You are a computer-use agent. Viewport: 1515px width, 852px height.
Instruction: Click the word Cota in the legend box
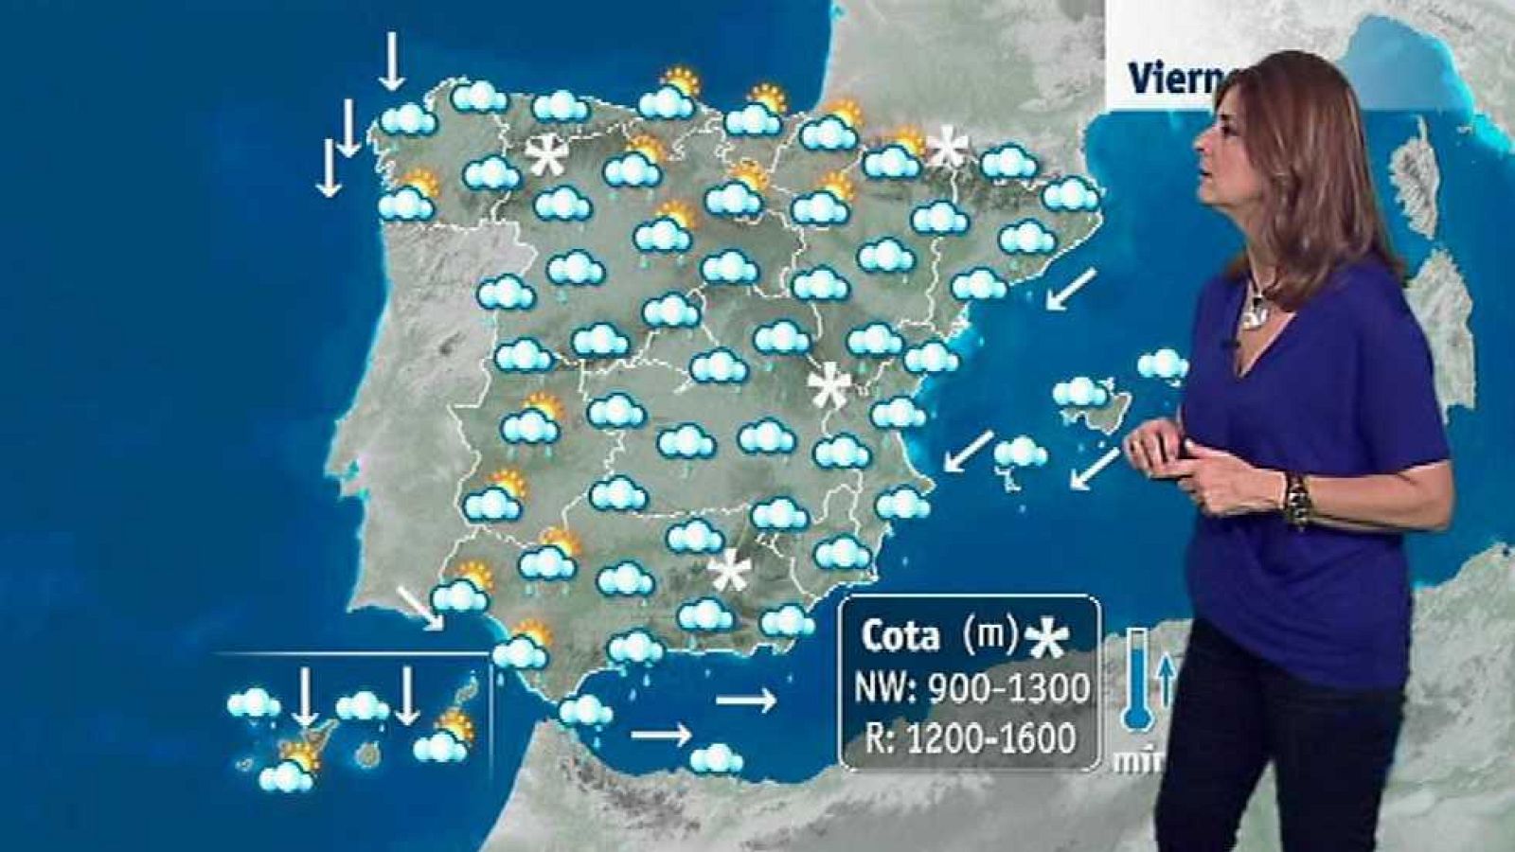coord(900,636)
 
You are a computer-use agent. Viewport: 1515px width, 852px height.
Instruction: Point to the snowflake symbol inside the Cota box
coord(1046,641)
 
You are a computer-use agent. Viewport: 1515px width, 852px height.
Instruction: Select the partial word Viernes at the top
coord(1174,80)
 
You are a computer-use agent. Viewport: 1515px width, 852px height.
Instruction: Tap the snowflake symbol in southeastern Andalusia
coord(730,571)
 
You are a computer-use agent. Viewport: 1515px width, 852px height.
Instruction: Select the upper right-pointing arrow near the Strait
coord(746,701)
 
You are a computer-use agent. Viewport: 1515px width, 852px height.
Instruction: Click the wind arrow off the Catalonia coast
coord(1071,289)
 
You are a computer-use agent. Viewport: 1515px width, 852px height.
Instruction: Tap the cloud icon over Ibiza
coord(1019,453)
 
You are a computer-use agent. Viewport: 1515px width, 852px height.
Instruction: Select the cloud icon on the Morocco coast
coord(716,758)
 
